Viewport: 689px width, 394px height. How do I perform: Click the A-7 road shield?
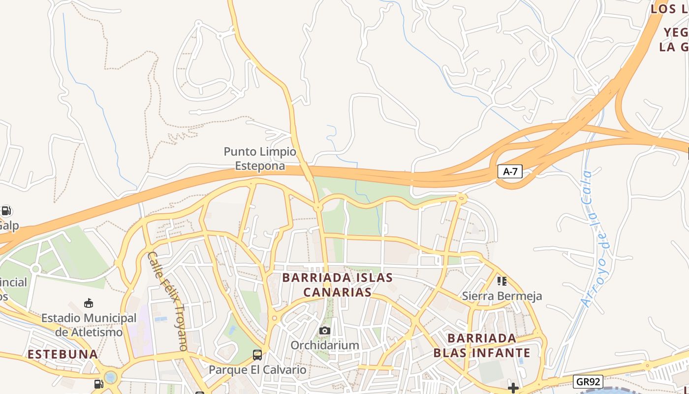(x=510, y=171)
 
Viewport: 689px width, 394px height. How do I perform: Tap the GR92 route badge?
(x=588, y=382)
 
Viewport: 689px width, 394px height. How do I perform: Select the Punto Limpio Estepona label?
(x=260, y=159)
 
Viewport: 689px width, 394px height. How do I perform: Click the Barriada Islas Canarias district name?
(x=337, y=285)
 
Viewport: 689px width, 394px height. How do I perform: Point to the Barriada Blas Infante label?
(x=481, y=345)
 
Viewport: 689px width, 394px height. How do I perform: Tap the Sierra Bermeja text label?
(x=501, y=296)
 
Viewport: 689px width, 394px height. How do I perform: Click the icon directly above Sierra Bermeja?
(x=501, y=281)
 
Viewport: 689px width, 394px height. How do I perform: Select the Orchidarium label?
(x=324, y=345)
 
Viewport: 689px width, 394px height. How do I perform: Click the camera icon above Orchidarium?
(x=324, y=330)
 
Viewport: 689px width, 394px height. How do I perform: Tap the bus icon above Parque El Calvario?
(x=257, y=355)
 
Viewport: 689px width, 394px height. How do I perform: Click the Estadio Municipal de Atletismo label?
(x=89, y=325)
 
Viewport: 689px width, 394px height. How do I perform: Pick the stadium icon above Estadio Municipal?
(x=89, y=303)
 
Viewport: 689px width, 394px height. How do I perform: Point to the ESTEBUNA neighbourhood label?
(x=63, y=354)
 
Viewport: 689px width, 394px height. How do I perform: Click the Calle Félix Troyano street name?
(x=168, y=301)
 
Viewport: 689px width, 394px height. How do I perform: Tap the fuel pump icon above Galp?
(x=6, y=211)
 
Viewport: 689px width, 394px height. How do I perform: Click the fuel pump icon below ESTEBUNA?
(x=99, y=384)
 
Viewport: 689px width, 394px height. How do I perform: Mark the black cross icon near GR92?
(x=513, y=388)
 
